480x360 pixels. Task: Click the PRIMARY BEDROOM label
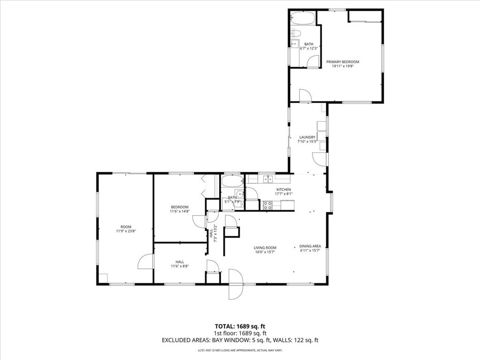click(x=343, y=62)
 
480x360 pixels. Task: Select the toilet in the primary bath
click(x=295, y=33)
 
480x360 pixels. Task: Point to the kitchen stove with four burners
click(x=267, y=205)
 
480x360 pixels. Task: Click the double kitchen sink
click(x=268, y=179)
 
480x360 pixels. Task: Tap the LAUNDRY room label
click(x=307, y=137)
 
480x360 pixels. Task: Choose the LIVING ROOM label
click(x=265, y=248)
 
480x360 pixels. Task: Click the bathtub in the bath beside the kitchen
click(x=232, y=182)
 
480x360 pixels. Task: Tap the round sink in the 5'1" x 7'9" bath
click(x=240, y=195)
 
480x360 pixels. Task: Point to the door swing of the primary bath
click(x=313, y=62)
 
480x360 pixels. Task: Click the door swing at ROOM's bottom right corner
click(x=146, y=262)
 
